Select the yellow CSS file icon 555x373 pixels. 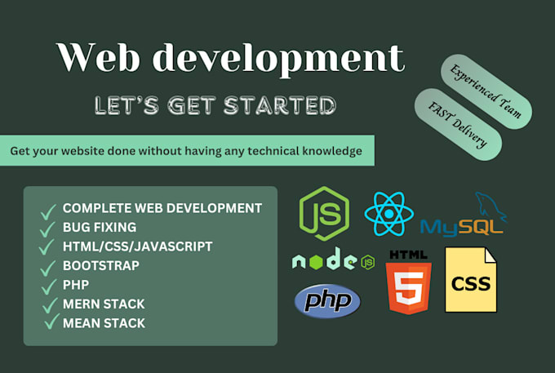pyautogui.click(x=470, y=280)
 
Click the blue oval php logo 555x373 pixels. pyautogui.click(x=327, y=300)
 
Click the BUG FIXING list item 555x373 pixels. pyautogui.click(x=99, y=227)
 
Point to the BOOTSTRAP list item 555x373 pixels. pyautogui.click(x=100, y=265)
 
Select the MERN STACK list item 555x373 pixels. pyautogui.click(x=103, y=304)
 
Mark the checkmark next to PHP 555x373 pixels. pyautogui.click(x=47, y=286)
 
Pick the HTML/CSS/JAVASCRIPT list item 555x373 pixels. pyautogui.click(x=137, y=246)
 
